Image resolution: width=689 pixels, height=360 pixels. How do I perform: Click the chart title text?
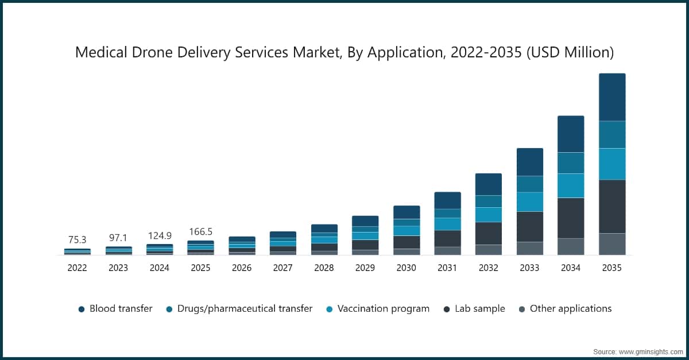click(x=344, y=53)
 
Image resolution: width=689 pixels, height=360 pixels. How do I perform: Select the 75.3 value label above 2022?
click(x=77, y=239)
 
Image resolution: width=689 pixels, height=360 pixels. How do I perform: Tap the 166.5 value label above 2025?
click(x=200, y=231)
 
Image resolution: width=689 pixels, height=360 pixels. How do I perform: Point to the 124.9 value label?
click(x=159, y=235)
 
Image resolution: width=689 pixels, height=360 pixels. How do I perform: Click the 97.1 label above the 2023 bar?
click(x=118, y=238)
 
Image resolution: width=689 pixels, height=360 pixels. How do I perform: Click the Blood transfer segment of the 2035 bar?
click(x=612, y=97)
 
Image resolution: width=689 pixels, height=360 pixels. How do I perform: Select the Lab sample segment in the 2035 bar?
click(x=612, y=206)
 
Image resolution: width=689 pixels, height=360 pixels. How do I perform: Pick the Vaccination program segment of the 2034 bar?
click(x=571, y=185)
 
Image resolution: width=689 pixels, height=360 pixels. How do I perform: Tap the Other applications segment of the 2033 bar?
click(x=529, y=248)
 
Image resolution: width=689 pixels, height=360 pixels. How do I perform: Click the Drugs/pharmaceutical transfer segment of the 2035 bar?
click(x=612, y=134)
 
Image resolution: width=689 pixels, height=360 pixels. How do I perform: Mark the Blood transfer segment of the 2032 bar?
click(x=488, y=184)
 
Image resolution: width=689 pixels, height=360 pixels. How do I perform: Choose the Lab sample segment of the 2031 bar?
click(x=447, y=238)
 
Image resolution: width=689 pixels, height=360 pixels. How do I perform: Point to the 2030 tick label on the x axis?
click(x=406, y=268)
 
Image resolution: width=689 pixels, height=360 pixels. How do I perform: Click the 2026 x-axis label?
click(x=242, y=268)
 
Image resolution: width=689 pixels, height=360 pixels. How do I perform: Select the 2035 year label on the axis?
click(x=612, y=268)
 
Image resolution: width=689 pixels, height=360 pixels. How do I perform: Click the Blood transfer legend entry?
click(x=115, y=309)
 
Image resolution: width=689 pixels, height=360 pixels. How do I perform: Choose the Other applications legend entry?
click(x=565, y=309)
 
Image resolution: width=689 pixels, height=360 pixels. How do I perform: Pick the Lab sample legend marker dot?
click(x=447, y=309)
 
